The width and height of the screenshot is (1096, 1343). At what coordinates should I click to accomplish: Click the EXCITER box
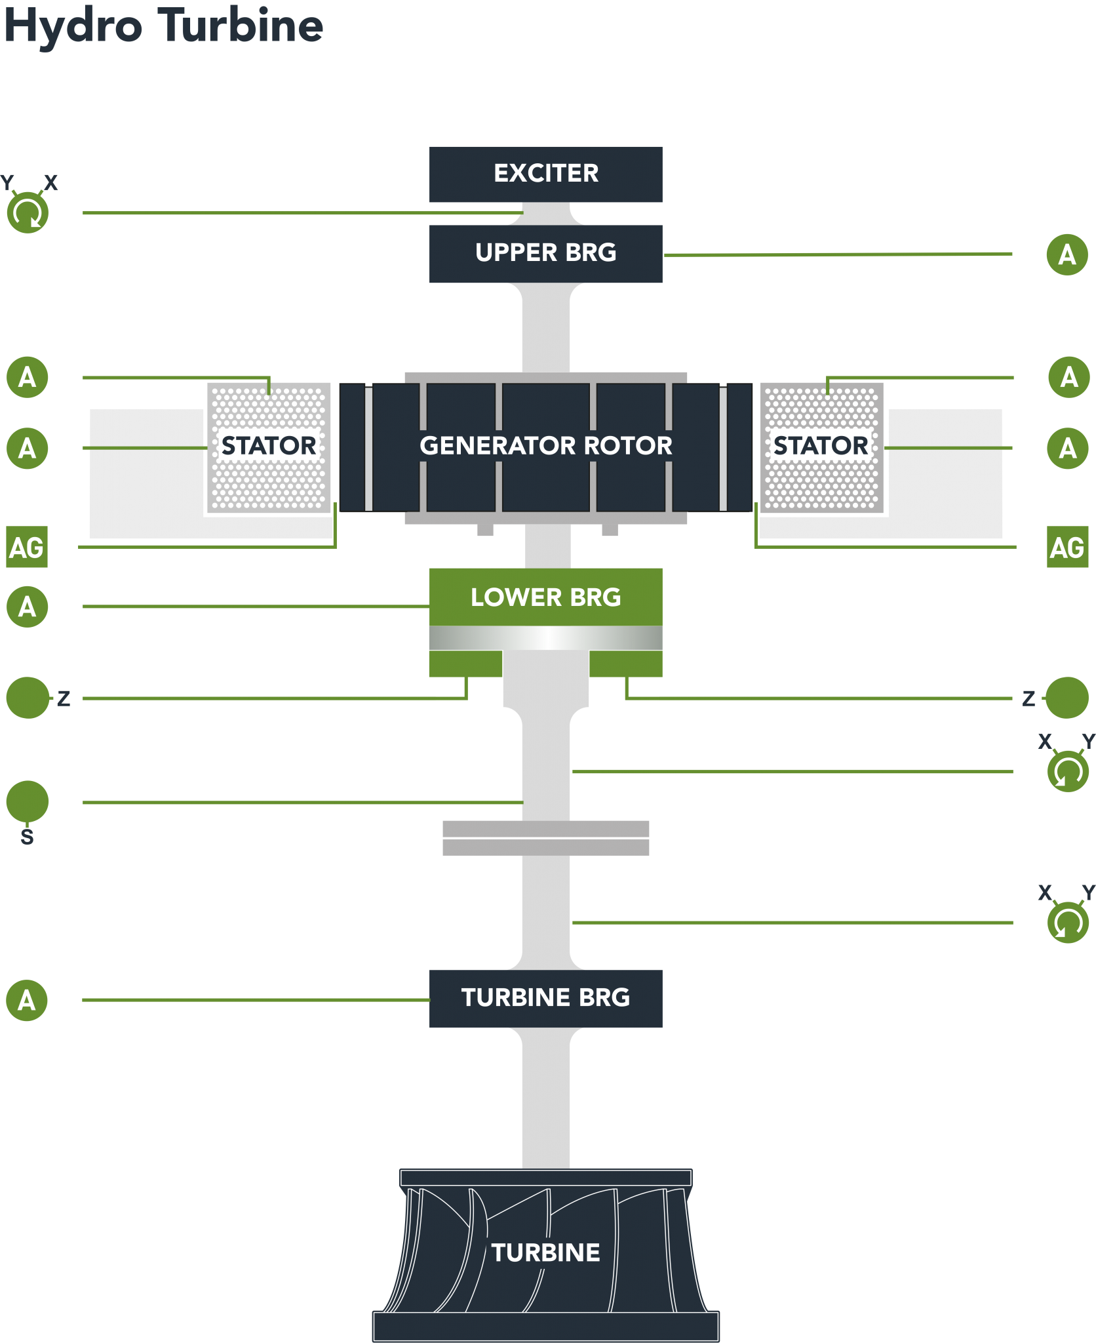pyautogui.click(x=545, y=174)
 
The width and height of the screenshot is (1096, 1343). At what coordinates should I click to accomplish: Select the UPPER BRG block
pyautogui.click(x=545, y=253)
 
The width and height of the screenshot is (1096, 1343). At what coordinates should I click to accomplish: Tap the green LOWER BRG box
pyautogui.click(x=545, y=597)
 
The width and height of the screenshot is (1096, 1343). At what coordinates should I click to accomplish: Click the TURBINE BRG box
pyautogui.click(x=545, y=997)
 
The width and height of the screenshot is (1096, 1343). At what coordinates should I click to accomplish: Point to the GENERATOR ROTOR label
pyautogui.click(x=545, y=446)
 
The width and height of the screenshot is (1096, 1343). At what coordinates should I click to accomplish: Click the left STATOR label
pyautogui.click(x=269, y=446)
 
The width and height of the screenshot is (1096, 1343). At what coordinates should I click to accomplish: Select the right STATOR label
pyautogui.click(x=821, y=446)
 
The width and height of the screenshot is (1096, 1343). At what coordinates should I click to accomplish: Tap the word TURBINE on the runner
pyautogui.click(x=545, y=1253)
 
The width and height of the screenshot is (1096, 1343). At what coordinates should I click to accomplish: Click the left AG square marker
pyautogui.click(x=27, y=547)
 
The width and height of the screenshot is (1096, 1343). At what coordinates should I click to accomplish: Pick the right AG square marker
pyautogui.click(x=1067, y=547)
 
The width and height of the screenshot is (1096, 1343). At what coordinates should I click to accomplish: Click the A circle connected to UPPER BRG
pyautogui.click(x=1067, y=254)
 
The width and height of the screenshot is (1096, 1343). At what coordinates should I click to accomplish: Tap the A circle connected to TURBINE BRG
pyautogui.click(x=27, y=1000)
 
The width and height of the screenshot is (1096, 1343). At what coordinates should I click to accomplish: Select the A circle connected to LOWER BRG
pyautogui.click(x=27, y=607)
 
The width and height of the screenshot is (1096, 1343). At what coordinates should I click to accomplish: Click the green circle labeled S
pyautogui.click(x=28, y=801)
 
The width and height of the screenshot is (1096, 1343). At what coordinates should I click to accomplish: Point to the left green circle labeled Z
pyautogui.click(x=28, y=698)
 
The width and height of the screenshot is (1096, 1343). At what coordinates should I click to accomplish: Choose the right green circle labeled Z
pyautogui.click(x=1067, y=698)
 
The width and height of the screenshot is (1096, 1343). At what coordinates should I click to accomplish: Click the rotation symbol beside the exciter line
pyautogui.click(x=28, y=212)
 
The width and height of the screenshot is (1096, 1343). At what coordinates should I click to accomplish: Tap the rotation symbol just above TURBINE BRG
pyautogui.click(x=1068, y=923)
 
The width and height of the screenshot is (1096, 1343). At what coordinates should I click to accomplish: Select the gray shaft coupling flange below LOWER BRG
pyautogui.click(x=545, y=837)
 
